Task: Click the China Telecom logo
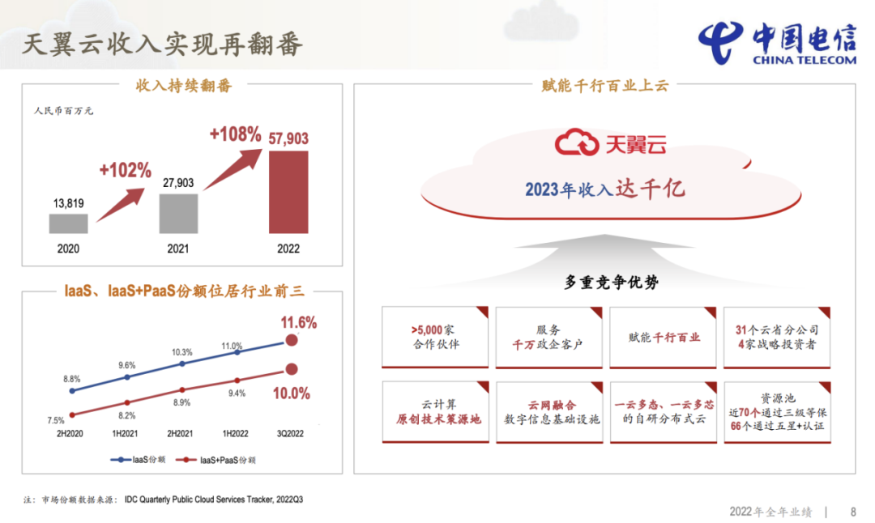point(777,44)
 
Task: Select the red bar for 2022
point(288,193)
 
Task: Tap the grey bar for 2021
point(178,214)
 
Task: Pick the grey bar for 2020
point(68,223)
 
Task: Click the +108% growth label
point(235,134)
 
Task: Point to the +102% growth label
point(125,170)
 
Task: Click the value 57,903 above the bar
point(288,138)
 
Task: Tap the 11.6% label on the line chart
point(298,322)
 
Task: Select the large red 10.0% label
point(292,393)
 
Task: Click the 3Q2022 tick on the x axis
point(290,433)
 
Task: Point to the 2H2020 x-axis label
point(70,433)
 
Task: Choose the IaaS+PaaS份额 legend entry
point(216,460)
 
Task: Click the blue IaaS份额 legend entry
point(138,460)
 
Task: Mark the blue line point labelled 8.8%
point(72,391)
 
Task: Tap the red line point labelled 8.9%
point(182,389)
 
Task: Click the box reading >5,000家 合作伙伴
point(435,338)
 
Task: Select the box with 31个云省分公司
point(777,338)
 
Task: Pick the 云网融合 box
point(549,412)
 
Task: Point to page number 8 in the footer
point(853,512)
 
